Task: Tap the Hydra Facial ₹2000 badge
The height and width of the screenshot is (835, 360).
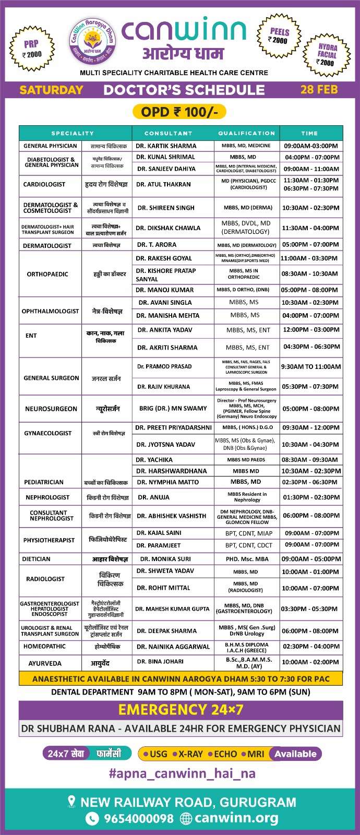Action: (327, 54)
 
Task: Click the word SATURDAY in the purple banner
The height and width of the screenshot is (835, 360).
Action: (51, 90)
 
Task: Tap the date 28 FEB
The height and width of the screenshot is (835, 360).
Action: (319, 89)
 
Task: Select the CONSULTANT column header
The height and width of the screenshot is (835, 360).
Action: (168, 134)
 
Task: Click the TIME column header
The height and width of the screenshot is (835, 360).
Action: (309, 134)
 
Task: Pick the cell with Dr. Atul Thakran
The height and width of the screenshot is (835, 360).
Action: (163, 184)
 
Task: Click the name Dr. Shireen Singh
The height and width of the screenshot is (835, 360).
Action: (166, 208)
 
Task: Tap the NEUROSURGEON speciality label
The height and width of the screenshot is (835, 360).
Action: (51, 409)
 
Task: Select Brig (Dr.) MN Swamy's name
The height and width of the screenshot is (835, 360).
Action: (173, 408)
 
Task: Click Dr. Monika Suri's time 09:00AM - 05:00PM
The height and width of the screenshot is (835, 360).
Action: (311, 559)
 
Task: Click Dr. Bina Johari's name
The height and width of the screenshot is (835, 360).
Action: (160, 661)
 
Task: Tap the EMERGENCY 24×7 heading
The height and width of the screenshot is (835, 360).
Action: (181, 710)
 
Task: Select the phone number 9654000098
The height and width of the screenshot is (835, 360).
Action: (138, 818)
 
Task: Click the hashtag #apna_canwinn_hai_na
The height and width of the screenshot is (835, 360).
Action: (182, 773)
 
